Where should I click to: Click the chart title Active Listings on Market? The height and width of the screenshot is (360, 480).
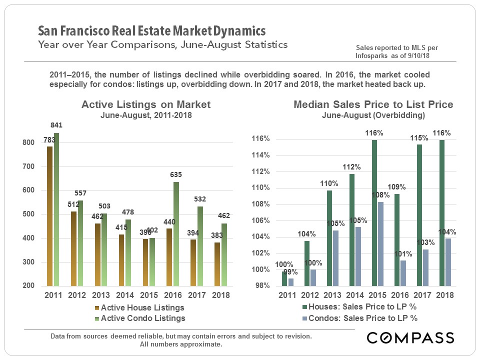tap(146, 104)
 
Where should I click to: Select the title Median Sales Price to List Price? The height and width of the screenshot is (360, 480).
tap(373, 104)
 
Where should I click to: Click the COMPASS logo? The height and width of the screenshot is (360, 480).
tap(410, 337)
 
